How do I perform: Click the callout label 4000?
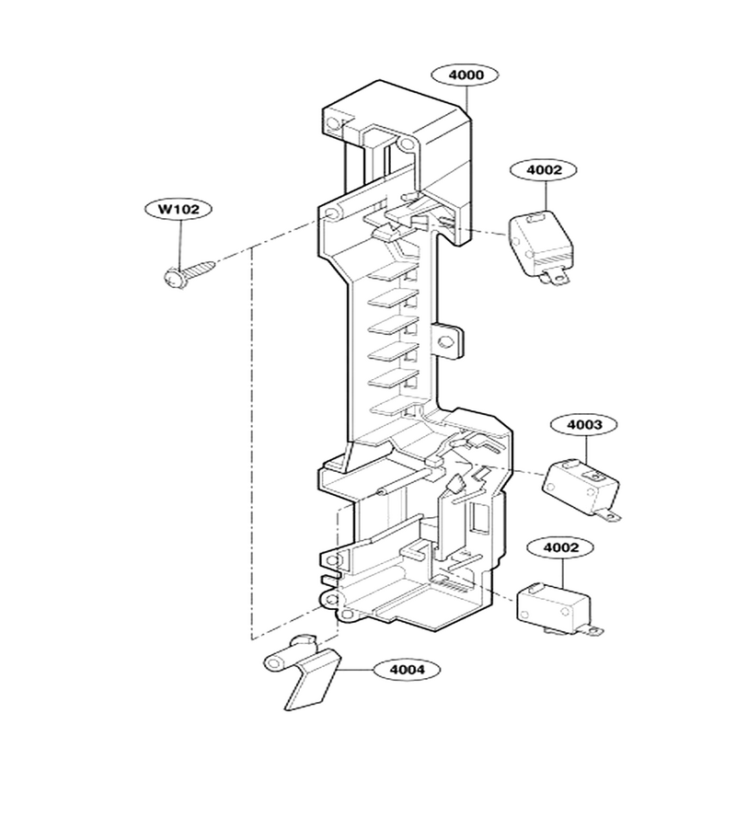[x=466, y=75]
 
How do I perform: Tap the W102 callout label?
[x=178, y=209]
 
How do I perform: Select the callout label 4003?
[x=584, y=424]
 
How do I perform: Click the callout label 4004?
[x=407, y=670]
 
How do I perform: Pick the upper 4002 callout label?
[x=544, y=170]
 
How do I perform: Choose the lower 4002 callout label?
[x=560, y=547]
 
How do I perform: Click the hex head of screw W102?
[x=174, y=278]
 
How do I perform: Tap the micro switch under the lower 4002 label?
[x=556, y=608]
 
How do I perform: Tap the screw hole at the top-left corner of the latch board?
[x=333, y=123]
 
